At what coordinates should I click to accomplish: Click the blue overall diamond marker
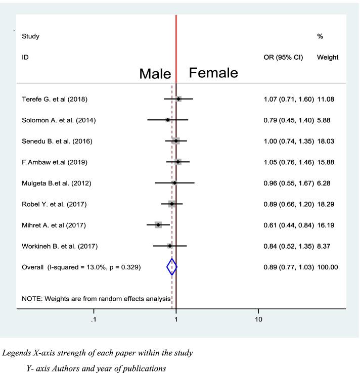tap(172, 267)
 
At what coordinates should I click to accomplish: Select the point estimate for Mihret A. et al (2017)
tap(158, 224)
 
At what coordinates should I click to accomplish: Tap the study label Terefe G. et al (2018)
tap(55, 99)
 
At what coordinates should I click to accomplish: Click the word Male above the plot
tap(155, 74)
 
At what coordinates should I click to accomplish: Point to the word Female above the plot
tap(213, 73)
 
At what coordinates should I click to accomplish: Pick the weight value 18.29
tap(326, 204)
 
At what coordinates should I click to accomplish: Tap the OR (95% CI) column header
tap(283, 58)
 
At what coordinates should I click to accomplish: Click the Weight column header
tap(328, 58)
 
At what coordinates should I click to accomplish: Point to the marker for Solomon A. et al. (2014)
tap(168, 120)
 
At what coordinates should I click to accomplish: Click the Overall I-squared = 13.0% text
tap(81, 267)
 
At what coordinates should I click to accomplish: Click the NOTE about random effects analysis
tap(96, 299)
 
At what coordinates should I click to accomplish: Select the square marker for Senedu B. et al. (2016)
tap(175, 141)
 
